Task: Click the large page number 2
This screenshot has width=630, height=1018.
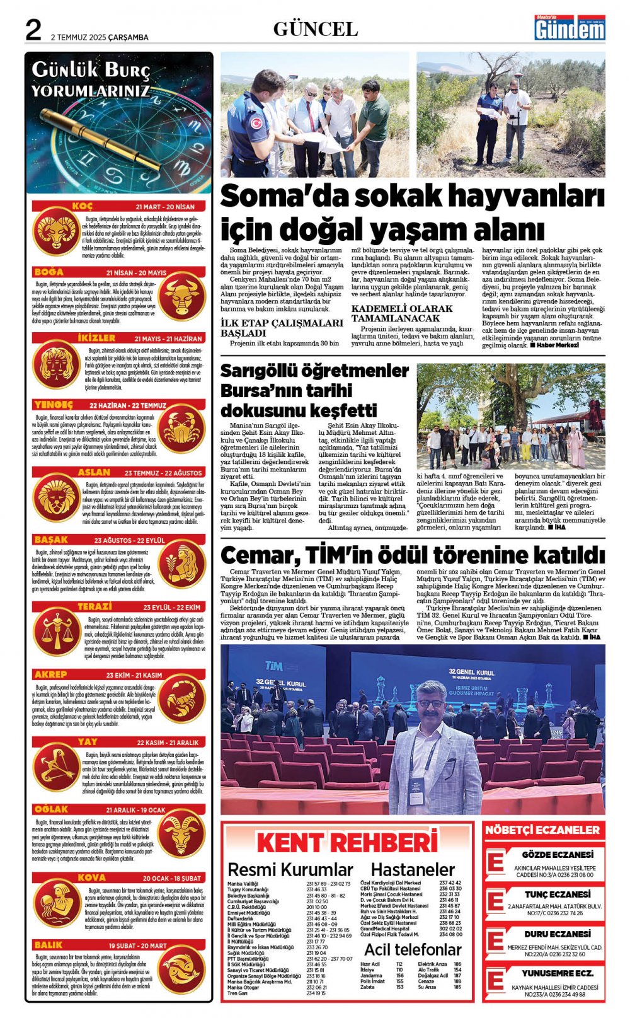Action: coord(33,30)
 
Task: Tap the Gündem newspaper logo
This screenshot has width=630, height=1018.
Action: coord(569,28)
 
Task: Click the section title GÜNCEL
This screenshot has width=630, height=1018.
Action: coord(315,29)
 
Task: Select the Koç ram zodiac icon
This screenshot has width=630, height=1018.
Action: coord(55,231)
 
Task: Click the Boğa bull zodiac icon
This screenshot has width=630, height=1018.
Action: coord(183,298)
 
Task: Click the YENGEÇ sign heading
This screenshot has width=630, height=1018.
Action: coord(54,405)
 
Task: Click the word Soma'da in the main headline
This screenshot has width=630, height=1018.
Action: coord(273,197)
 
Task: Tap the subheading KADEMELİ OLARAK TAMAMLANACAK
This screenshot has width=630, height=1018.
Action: coord(401,313)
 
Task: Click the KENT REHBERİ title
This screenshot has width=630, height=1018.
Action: coord(347,843)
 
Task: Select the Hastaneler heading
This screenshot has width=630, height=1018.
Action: coord(413,870)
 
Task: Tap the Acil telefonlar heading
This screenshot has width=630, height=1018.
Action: coord(413,949)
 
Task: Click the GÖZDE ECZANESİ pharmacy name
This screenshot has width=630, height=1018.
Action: coord(558,855)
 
